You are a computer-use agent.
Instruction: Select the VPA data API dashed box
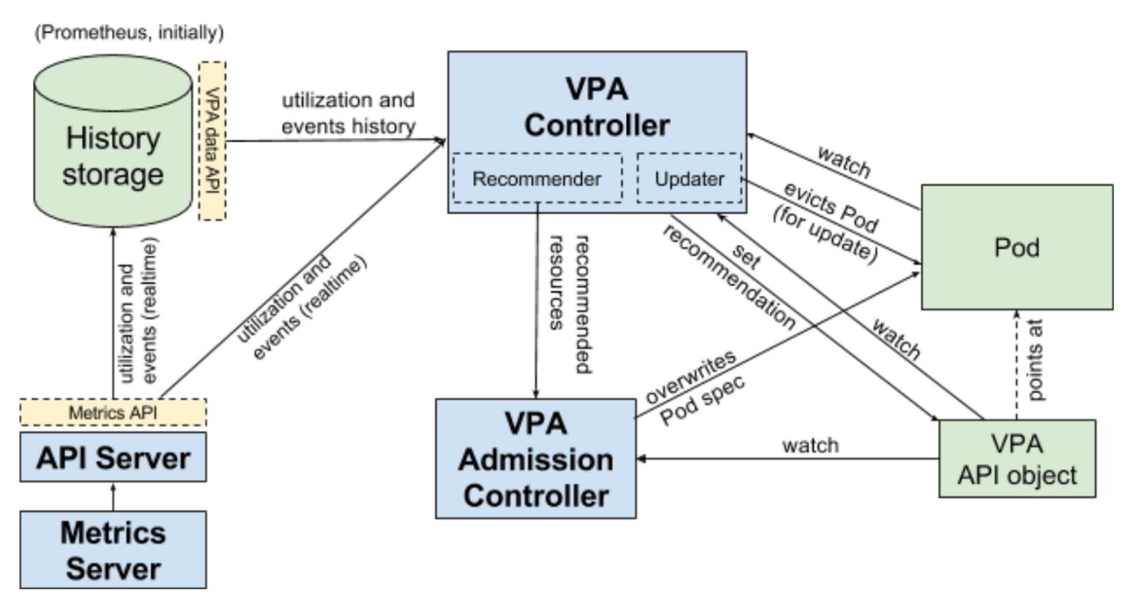(x=213, y=140)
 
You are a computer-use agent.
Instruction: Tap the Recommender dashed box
(x=536, y=179)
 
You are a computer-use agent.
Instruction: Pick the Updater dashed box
(x=689, y=179)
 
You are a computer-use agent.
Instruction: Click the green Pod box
(x=1017, y=247)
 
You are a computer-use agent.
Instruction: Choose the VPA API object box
(x=1017, y=459)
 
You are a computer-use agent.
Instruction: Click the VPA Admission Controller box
(x=536, y=459)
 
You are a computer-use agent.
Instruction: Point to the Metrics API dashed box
(x=113, y=412)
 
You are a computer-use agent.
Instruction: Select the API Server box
(x=113, y=457)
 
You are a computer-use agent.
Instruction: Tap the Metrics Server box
(x=113, y=551)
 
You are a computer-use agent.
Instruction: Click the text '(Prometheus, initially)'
(x=129, y=33)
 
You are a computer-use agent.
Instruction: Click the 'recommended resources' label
(x=571, y=303)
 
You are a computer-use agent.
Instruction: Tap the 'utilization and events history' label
(x=348, y=113)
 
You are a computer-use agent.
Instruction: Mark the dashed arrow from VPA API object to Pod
(x=1016, y=365)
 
